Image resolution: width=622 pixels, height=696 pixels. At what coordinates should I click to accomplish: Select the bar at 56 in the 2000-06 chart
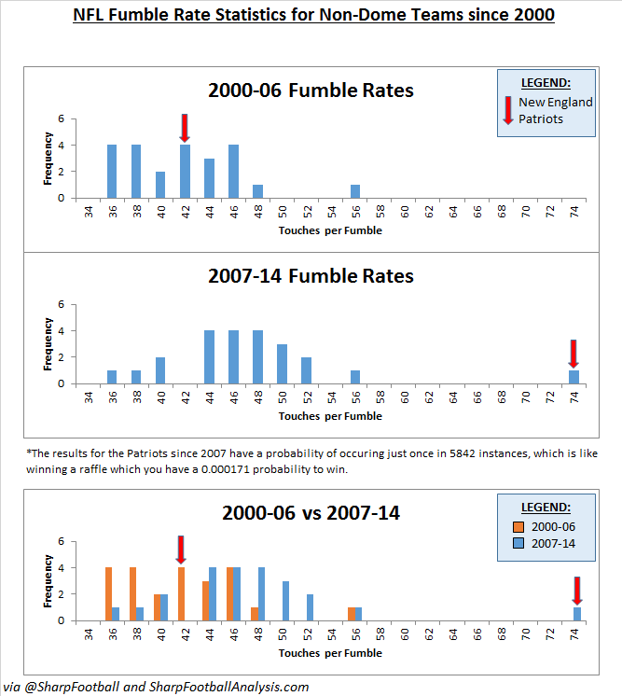355,191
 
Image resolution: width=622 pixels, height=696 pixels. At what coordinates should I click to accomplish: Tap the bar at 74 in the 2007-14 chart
573,377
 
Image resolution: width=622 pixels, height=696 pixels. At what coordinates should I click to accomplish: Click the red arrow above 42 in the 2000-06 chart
185,128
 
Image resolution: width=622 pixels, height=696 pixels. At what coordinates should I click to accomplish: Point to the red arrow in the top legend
507,110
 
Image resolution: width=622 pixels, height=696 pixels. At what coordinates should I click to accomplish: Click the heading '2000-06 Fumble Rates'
311,91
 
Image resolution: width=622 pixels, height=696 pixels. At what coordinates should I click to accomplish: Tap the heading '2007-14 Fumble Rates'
311,276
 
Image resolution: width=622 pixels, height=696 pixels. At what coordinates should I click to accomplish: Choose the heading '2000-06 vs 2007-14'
311,513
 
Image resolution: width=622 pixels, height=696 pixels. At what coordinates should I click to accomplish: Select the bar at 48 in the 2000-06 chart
257,191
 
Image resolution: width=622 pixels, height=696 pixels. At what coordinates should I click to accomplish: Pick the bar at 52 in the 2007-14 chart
306,370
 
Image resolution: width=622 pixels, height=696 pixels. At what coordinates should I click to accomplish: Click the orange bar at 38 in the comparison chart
132,593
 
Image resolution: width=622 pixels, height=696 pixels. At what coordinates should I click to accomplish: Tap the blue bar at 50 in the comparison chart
285,601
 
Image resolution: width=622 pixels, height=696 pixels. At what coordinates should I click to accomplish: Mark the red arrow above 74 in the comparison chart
577,591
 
